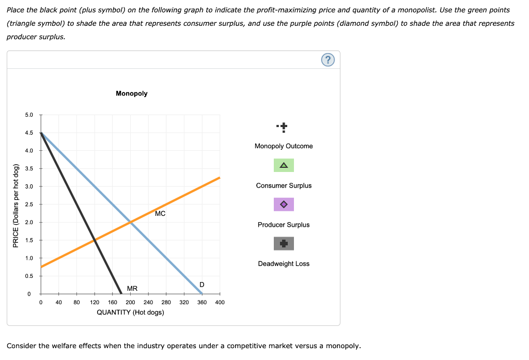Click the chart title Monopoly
click(x=132, y=93)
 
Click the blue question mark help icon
click(x=328, y=60)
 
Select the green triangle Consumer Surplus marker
click(x=284, y=165)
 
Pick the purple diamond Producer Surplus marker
click(x=284, y=205)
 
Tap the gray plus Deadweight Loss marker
click(x=284, y=243)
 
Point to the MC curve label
click(x=160, y=214)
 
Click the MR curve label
click(x=132, y=288)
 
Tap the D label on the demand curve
click(x=201, y=285)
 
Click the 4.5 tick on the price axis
click(x=29, y=133)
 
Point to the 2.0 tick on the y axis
click(x=29, y=222)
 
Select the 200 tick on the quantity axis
click(x=130, y=302)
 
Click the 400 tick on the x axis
click(x=220, y=302)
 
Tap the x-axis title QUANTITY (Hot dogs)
click(x=130, y=312)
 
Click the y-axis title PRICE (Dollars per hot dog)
click(x=16, y=205)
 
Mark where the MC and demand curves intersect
click(x=130, y=222)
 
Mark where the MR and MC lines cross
click(x=95, y=240)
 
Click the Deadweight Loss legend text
click(x=284, y=264)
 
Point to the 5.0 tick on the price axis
click(x=29, y=115)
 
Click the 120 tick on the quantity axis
click(x=95, y=302)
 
